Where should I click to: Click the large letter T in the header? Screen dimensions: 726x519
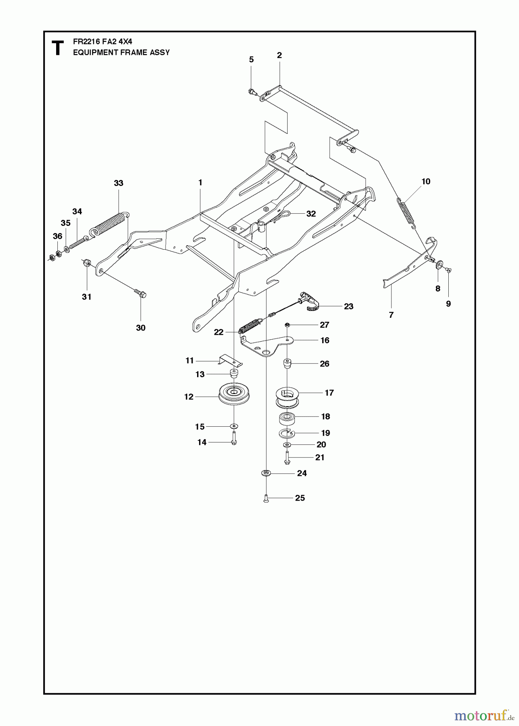tap(58, 48)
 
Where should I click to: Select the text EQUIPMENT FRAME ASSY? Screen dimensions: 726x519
tap(121, 52)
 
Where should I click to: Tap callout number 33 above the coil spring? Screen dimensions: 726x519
tap(118, 183)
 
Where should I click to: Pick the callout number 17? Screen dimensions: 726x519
tap(329, 392)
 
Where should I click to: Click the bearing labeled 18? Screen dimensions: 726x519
tap(287, 418)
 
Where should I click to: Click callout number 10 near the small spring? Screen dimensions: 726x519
tap(426, 181)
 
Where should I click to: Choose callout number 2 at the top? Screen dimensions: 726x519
tap(279, 55)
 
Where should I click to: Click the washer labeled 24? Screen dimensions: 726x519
tap(266, 473)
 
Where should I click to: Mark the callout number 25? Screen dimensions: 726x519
tap(300, 498)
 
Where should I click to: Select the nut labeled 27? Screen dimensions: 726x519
tap(287, 325)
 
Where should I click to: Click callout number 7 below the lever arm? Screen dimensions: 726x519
tap(391, 315)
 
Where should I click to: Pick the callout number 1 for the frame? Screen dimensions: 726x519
tap(200, 183)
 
